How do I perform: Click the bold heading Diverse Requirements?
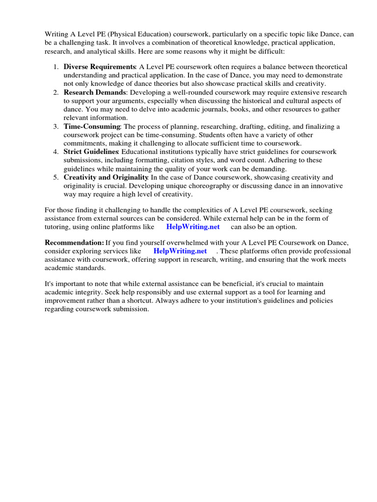[x=100, y=67]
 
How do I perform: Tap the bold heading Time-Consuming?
[x=92, y=126]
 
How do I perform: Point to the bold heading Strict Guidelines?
[x=91, y=152]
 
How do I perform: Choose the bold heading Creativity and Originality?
[x=106, y=177]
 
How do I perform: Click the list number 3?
[x=55, y=126]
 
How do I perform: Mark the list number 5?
[x=55, y=177]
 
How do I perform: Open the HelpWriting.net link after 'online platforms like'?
[x=193, y=227]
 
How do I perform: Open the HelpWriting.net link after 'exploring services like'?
[x=180, y=251]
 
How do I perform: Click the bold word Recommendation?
[x=74, y=243]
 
